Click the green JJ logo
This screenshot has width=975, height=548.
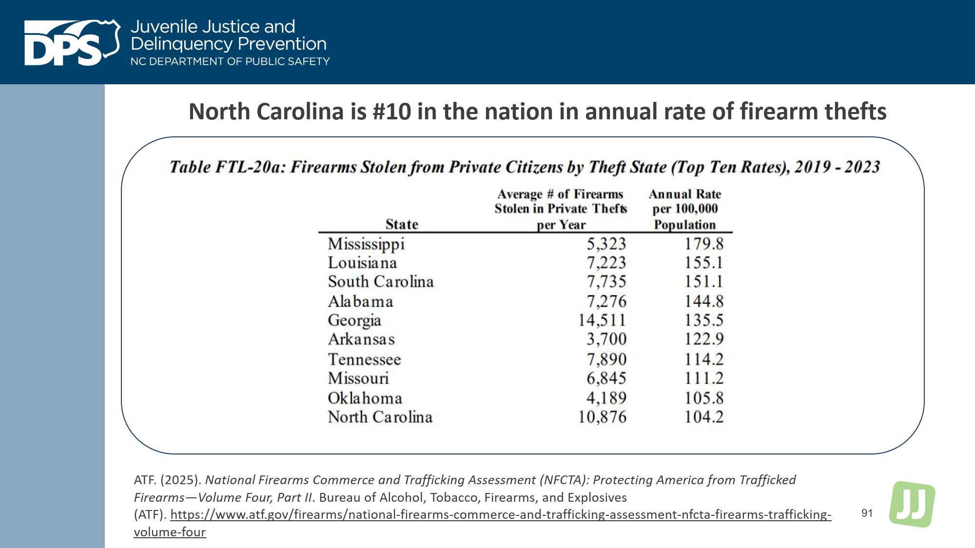click(x=912, y=504)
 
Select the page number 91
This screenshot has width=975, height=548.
click(x=867, y=513)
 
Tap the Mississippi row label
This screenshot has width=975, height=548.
click(x=366, y=244)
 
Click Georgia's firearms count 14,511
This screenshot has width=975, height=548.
click(x=602, y=320)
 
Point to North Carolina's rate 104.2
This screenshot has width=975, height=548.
click(x=703, y=417)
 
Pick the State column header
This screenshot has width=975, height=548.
click(x=402, y=224)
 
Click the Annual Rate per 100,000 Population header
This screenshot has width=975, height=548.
click(x=684, y=209)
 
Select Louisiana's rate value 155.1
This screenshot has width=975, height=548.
click(x=703, y=263)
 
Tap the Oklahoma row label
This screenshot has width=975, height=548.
click(x=365, y=398)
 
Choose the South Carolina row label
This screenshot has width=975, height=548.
click(x=380, y=282)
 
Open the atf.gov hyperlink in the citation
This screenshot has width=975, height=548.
click(x=500, y=514)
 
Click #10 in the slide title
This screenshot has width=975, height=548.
click(x=392, y=112)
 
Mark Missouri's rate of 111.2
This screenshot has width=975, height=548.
click(x=703, y=378)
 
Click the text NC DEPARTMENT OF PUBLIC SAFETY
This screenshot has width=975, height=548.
click(x=230, y=61)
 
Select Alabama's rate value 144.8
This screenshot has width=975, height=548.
click(x=703, y=301)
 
